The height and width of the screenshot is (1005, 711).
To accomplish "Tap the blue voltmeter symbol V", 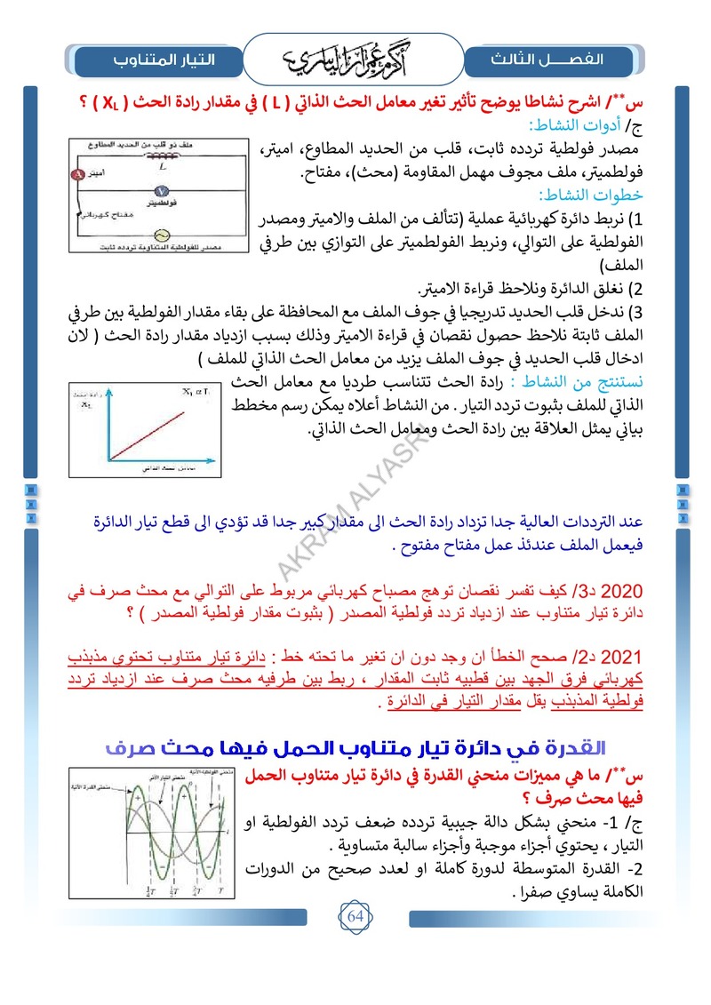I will click(x=162, y=192).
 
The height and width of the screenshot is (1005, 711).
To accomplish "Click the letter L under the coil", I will click(x=161, y=166).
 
